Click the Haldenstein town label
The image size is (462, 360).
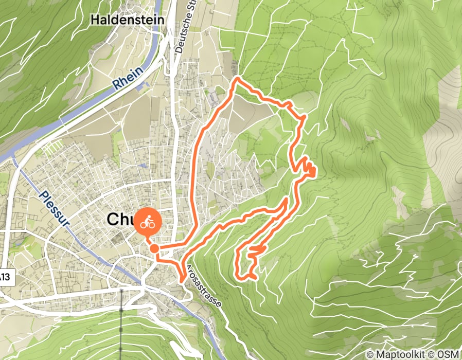[x=127, y=20]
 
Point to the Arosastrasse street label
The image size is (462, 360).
[x=204, y=286]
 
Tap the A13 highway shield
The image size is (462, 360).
[x=5, y=278]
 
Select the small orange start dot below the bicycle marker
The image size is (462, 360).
[x=154, y=249]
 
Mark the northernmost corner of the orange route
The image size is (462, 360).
[x=237, y=79]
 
